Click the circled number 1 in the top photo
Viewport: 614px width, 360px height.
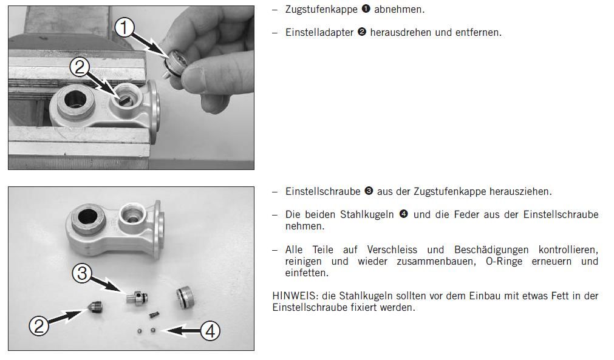coord(124,28)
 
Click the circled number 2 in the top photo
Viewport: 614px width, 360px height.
coord(80,68)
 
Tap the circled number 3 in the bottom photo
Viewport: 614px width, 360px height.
coord(82,273)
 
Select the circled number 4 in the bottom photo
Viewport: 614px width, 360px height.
coord(210,331)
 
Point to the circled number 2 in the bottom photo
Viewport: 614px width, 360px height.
coord(39,325)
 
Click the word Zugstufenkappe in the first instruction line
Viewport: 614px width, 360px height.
coord(321,9)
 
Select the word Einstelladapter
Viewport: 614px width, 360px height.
coord(319,32)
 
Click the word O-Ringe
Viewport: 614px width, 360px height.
coord(504,262)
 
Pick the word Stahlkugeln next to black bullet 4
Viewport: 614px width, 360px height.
coord(367,215)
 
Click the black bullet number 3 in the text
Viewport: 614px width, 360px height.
coord(369,191)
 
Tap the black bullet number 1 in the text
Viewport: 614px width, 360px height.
coord(366,8)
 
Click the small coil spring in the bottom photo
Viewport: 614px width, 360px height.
coord(154,314)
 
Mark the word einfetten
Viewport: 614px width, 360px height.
coord(307,273)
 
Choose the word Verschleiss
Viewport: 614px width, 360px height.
coord(392,250)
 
